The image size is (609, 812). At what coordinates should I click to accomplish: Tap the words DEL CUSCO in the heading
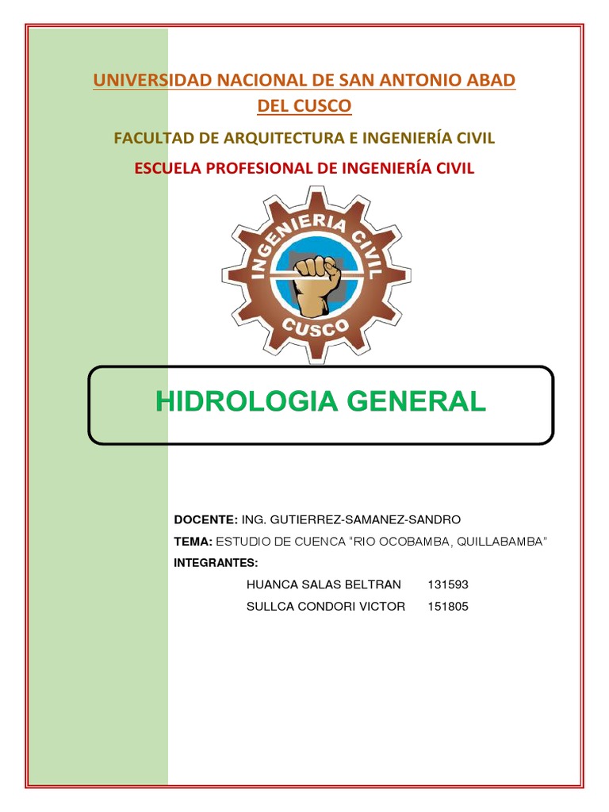[x=304, y=105]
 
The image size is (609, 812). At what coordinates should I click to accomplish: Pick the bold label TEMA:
[x=193, y=542]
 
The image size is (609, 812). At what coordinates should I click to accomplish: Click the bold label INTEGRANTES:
[x=216, y=563]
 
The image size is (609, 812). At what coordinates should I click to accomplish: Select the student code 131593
[x=448, y=585]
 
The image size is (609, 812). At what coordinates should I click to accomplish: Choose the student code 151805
[x=448, y=607]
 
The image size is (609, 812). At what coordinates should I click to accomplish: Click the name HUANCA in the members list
[x=271, y=585]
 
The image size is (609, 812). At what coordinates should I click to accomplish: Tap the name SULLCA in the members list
[x=270, y=607]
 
